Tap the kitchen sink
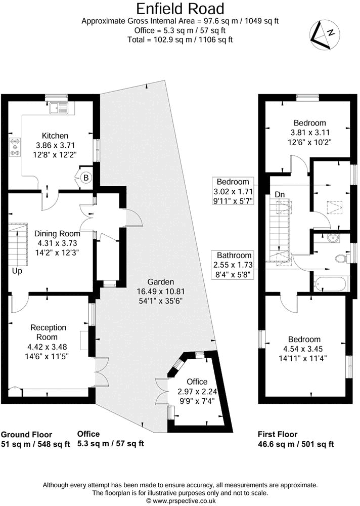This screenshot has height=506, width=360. click(63, 107)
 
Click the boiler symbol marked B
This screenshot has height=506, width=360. click(85, 178)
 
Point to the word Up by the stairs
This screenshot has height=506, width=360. click(17, 271)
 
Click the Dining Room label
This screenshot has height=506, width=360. click(57, 234)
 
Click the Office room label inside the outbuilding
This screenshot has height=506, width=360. click(196, 381)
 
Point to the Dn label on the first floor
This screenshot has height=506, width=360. click(279, 193)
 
